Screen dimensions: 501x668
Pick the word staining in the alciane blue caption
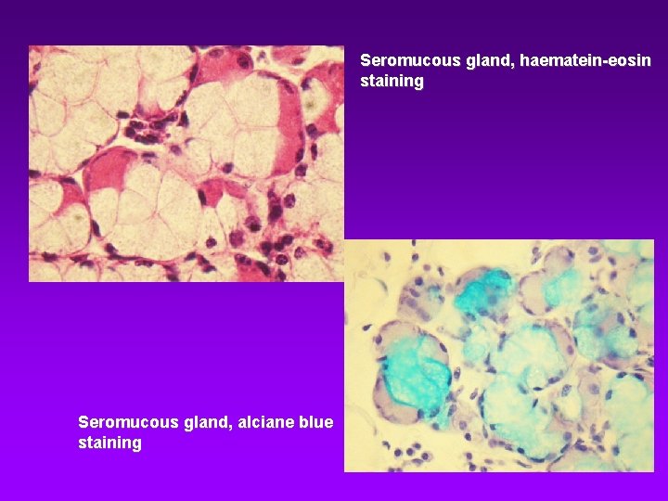(109, 443)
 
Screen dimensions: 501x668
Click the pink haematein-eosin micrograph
(186, 163)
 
